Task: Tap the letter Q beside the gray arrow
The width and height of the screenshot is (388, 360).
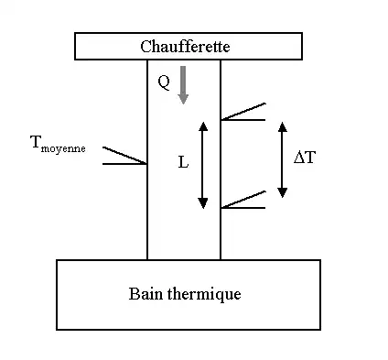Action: pos(163,82)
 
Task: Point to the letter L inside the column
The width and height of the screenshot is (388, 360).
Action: pos(183,161)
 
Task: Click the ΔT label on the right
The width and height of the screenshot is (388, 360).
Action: pos(305,158)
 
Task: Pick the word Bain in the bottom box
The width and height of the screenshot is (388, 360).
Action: pos(145,295)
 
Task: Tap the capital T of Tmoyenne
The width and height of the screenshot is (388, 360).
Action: pos(36,142)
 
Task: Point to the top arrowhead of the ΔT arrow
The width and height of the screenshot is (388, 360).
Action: pos(283,125)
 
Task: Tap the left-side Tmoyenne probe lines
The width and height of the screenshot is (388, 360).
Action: pos(124,157)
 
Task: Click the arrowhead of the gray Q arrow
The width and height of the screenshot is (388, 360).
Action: pos(183,97)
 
